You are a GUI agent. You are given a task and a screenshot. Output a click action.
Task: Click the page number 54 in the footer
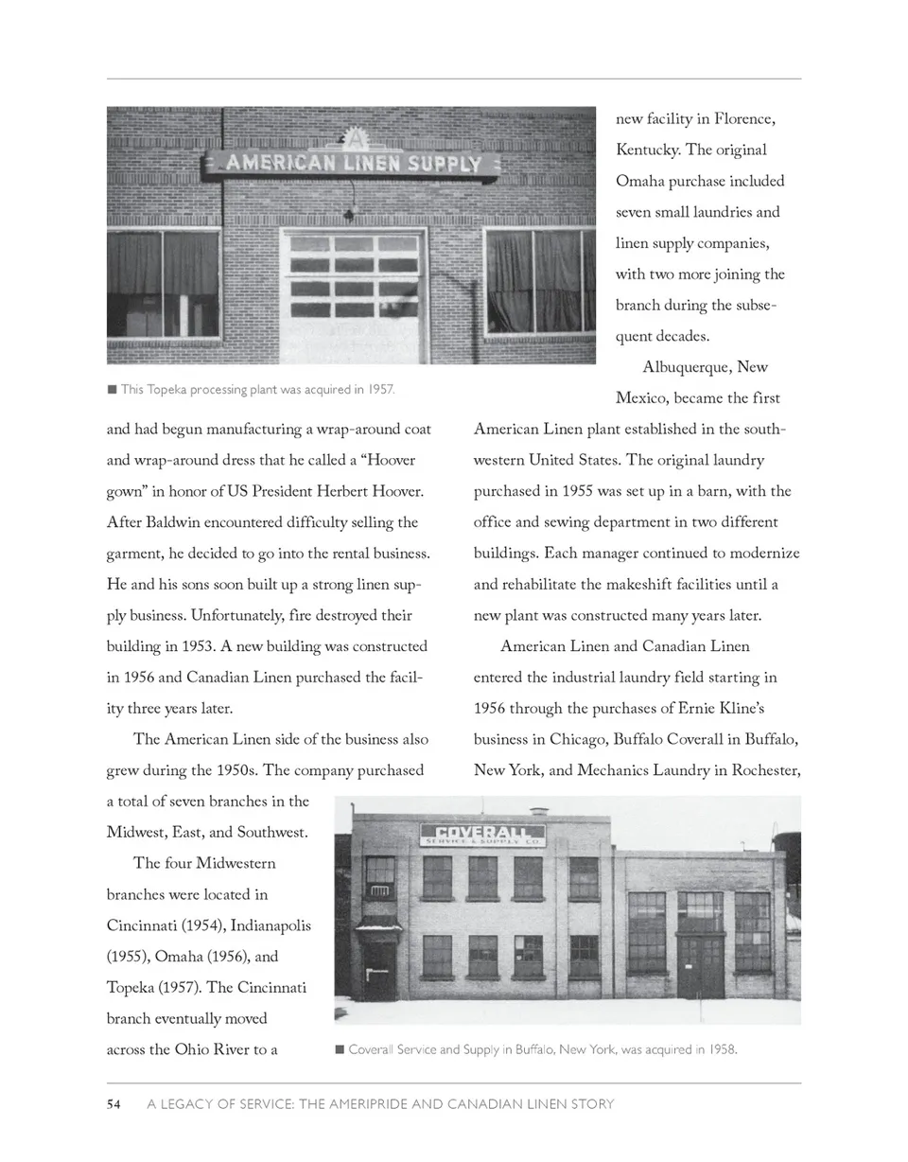click(x=113, y=1103)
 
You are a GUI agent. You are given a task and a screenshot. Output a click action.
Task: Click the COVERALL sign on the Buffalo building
click(x=482, y=834)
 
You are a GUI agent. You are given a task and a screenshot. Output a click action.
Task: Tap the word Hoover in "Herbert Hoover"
click(x=395, y=492)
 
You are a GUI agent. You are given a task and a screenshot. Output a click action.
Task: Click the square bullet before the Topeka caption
click(x=112, y=389)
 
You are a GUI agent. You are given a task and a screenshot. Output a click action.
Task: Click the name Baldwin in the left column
click(x=175, y=522)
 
